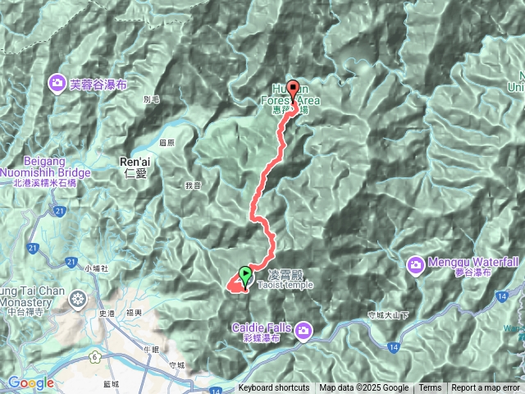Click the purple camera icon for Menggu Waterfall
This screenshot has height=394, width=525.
point(418,264)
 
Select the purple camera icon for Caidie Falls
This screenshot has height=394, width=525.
point(304,330)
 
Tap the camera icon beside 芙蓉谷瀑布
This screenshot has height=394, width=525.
point(57,82)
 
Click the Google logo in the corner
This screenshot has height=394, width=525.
point(31,383)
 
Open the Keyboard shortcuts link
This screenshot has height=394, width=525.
point(274,388)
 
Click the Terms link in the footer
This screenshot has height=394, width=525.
point(430,388)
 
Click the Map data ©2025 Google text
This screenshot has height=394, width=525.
point(363,388)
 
